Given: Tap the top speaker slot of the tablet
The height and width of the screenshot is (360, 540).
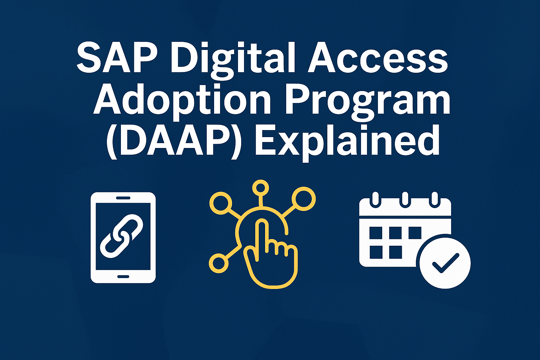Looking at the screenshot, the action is pos(123,198).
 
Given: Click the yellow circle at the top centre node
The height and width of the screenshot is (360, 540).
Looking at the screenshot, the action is pos(261,188).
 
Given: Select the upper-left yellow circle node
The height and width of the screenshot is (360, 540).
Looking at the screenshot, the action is pos(220,203).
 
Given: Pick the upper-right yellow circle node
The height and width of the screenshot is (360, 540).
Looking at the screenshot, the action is pos(304,199).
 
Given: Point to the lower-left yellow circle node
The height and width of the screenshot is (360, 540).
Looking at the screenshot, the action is pos(218,263).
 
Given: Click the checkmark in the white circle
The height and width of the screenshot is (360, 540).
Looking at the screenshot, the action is pos(445,263).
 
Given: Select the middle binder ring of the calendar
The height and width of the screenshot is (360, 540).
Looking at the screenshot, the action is pos(405,200).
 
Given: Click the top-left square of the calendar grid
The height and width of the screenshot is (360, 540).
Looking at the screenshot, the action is pos(376,233).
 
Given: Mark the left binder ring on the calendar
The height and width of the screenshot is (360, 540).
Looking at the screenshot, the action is pos(375,200).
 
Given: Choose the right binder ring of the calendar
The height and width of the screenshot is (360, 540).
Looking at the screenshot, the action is pos(435,200).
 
